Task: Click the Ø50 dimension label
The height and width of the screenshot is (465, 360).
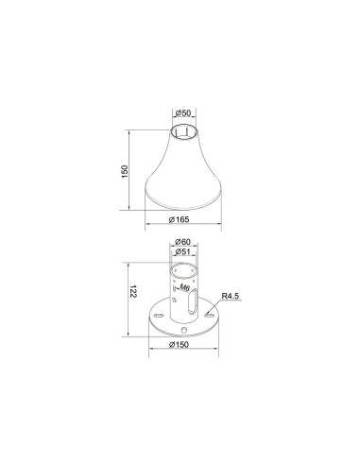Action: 184,113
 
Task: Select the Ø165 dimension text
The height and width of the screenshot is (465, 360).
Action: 180,219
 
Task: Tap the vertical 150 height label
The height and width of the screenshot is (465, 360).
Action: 125,171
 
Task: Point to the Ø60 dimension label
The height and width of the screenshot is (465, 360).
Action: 183,242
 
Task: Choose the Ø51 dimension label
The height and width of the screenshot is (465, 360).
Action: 183,251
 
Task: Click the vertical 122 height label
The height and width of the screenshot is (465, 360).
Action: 133,292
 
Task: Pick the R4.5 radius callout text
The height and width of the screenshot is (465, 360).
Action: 231,296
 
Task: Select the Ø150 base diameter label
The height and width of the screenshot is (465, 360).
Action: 179,345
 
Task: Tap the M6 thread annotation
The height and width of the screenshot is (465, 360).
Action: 184,287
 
